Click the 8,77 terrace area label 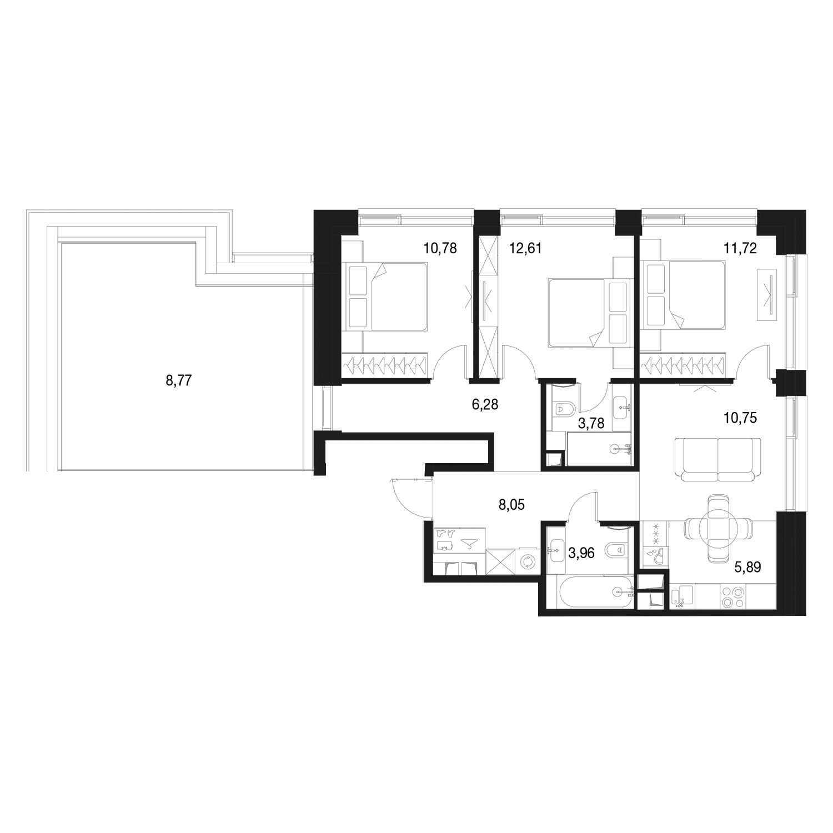click(x=179, y=381)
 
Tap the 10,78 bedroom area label click(x=440, y=248)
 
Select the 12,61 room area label click(x=525, y=248)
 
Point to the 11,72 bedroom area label click(x=740, y=248)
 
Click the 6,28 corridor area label click(x=485, y=405)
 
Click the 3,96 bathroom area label click(x=582, y=553)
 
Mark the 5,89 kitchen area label click(x=747, y=567)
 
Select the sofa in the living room click(x=718, y=459)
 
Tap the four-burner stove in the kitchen click(x=733, y=598)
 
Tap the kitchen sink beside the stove click(x=681, y=598)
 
